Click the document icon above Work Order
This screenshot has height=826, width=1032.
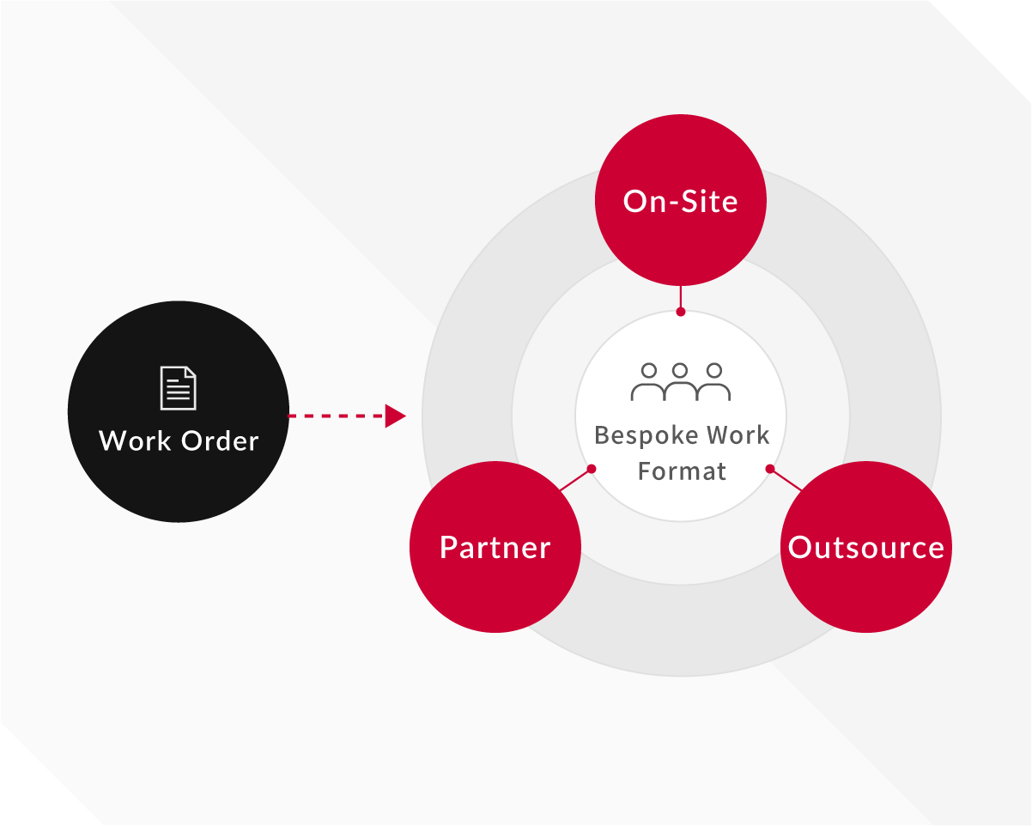click(x=178, y=387)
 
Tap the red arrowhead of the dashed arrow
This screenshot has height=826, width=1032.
click(x=394, y=416)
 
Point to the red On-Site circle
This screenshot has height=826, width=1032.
click(x=680, y=201)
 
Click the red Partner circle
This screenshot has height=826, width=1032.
click(x=495, y=548)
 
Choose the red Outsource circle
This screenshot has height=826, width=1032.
click(x=865, y=548)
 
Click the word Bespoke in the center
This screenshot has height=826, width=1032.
click(x=635, y=435)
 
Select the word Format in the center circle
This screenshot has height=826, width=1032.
click(x=682, y=471)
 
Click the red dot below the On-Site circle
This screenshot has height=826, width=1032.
click(x=681, y=312)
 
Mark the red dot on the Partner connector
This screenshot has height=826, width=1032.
click(x=591, y=469)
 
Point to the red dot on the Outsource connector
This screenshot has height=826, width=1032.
click(x=770, y=469)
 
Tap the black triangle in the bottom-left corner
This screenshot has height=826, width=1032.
click(x=30, y=794)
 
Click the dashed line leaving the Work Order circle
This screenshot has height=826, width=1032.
click(x=335, y=416)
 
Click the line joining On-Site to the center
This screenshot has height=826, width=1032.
click(x=681, y=297)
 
